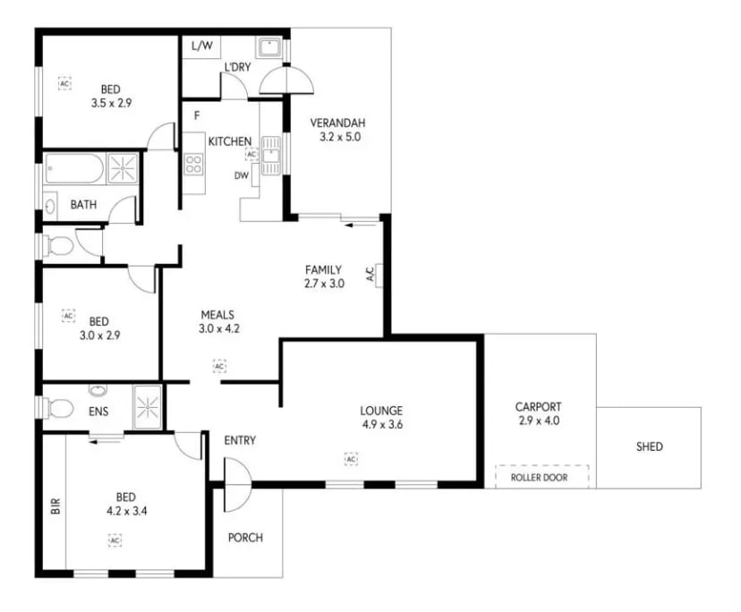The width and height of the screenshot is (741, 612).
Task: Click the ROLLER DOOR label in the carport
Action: pyautogui.click(x=542, y=477)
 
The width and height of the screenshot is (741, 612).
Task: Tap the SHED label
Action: pyautogui.click(x=650, y=446)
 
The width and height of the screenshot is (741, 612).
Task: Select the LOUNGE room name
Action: pyautogui.click(x=383, y=411)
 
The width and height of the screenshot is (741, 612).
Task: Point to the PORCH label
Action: pyautogui.click(x=245, y=538)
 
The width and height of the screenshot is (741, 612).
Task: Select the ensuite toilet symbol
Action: pyautogui.click(x=57, y=408)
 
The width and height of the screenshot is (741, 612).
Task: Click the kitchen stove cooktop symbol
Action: pyautogui.click(x=193, y=164)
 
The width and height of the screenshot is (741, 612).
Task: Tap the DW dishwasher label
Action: pyautogui.click(x=242, y=176)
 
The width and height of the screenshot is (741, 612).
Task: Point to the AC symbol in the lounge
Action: pyautogui.click(x=351, y=459)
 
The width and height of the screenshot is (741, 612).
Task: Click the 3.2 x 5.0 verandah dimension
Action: pyautogui.click(x=337, y=138)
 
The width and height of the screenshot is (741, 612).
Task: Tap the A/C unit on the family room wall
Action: pyautogui.click(x=379, y=276)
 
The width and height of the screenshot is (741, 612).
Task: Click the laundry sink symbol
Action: pyautogui.click(x=268, y=47)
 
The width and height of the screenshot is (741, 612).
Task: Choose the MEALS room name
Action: pyautogui.click(x=217, y=314)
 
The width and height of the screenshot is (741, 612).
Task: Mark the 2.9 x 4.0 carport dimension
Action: pyautogui.click(x=538, y=420)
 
